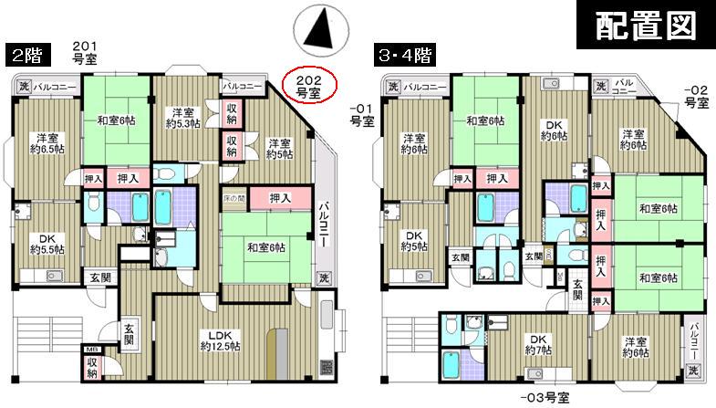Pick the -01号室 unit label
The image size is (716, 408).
362,113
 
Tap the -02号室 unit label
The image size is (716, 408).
696,96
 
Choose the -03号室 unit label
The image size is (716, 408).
545,398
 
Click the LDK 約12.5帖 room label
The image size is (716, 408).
220,340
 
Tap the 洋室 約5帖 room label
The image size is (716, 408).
279,149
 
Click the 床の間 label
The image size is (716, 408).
234,198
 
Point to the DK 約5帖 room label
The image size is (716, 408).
415,241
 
